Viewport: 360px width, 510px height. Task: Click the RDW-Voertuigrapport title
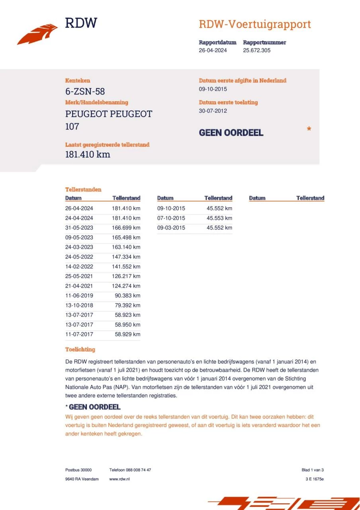coord(254,24)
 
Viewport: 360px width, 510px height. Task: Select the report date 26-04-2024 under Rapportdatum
coord(213,51)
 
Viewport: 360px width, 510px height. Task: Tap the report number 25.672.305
coord(256,51)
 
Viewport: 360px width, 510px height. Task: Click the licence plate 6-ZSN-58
coord(85,91)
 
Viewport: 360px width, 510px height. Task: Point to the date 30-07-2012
coord(213,111)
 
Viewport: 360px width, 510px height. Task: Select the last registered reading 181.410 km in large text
coord(87,155)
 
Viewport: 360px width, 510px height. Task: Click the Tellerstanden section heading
coord(83,190)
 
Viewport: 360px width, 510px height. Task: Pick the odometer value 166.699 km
coord(126,228)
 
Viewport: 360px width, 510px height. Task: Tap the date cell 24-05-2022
coord(79,257)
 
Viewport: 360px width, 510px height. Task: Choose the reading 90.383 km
coord(127,296)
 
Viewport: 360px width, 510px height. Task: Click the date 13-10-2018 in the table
coord(79,305)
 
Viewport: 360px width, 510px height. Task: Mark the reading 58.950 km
coord(127,325)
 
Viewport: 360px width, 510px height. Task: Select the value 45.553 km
coord(219,218)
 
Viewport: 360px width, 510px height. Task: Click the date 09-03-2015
coord(171,228)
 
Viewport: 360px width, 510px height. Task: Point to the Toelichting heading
coord(80,349)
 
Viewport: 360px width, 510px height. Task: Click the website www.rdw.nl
coord(119,479)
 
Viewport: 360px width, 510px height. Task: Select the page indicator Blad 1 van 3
coord(313,470)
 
